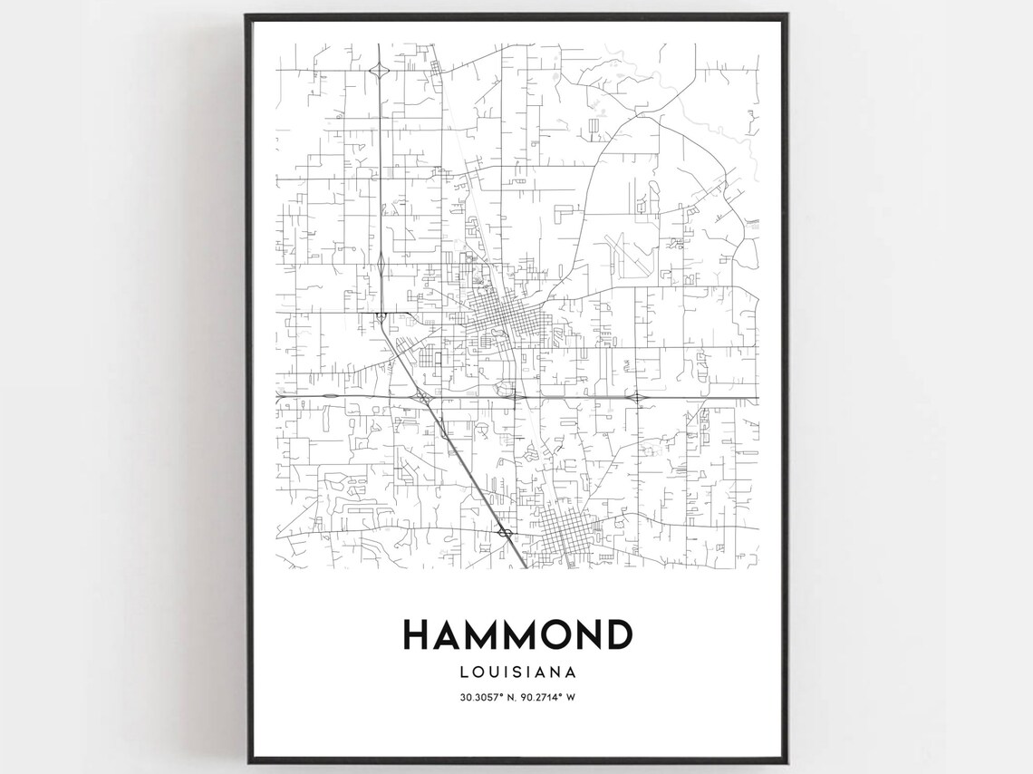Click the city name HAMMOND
coord(516,634)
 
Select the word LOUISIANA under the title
coord(516,672)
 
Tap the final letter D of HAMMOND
coord(617,634)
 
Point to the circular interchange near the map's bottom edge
coord(506,532)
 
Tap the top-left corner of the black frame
coord(247,15)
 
